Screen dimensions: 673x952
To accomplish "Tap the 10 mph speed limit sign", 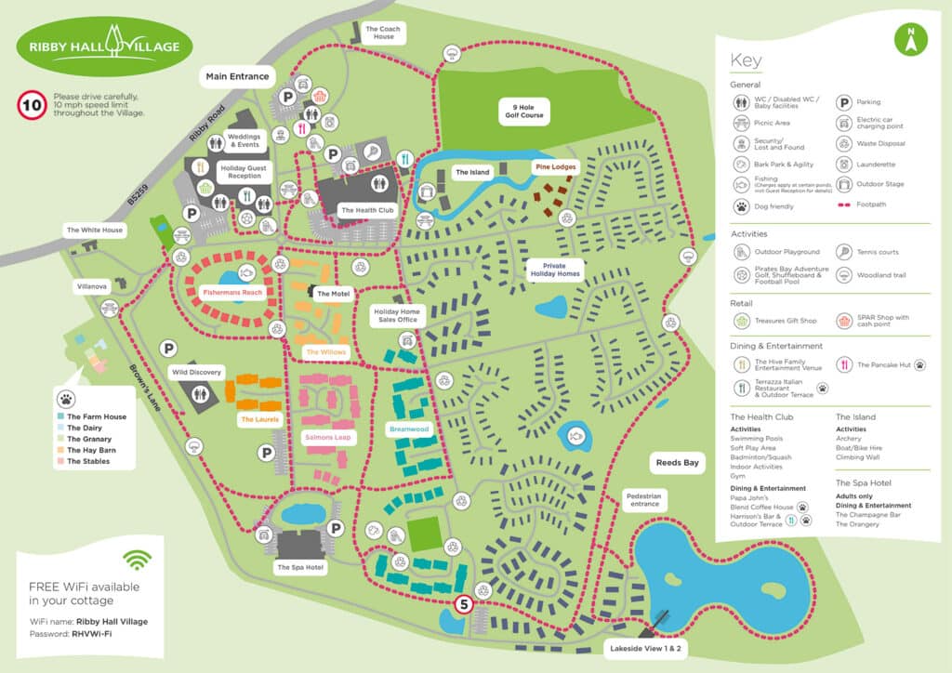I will click(x=32, y=104).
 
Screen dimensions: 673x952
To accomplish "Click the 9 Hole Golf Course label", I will click(x=521, y=112).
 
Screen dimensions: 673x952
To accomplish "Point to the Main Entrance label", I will click(x=237, y=76).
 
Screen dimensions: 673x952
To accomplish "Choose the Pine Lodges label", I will click(x=555, y=167).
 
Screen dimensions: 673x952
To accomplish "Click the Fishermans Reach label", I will click(x=232, y=292).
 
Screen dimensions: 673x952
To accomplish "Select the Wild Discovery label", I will click(x=196, y=372).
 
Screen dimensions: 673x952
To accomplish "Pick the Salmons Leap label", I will click(x=326, y=436).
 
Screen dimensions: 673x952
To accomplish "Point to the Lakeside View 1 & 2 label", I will click(x=645, y=646).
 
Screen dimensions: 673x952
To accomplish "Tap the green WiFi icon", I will click(x=138, y=560).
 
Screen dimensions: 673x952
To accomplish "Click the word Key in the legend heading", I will click(x=746, y=61).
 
